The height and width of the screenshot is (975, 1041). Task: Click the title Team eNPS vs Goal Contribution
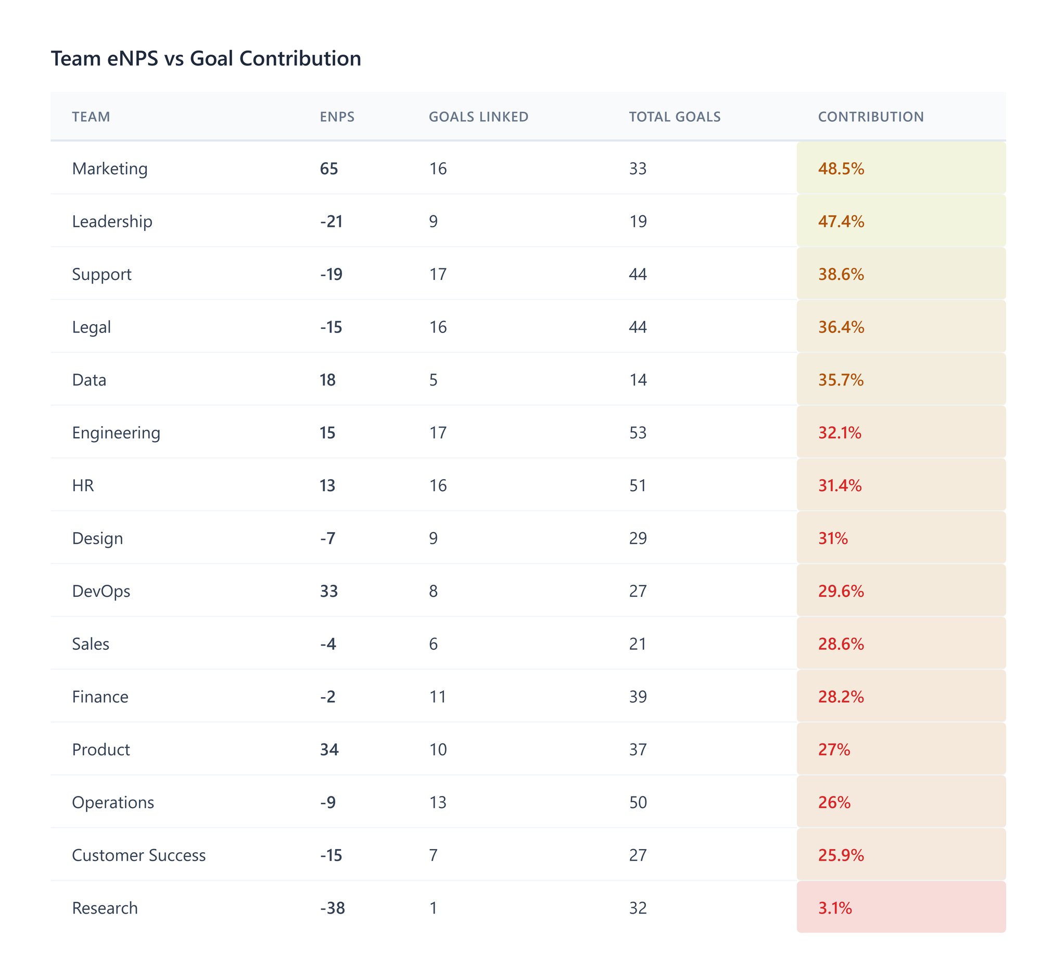click(206, 59)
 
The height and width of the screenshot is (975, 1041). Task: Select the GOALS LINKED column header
click(478, 117)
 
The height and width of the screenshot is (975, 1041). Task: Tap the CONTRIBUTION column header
click(870, 117)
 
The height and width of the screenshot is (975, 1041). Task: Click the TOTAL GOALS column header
click(675, 117)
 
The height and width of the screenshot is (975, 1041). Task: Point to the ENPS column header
click(337, 117)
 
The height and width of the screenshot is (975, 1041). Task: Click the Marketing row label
click(109, 169)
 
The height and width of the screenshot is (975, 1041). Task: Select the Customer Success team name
click(138, 855)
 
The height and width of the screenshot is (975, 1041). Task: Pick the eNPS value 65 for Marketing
click(329, 169)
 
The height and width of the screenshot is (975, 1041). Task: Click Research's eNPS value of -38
click(332, 907)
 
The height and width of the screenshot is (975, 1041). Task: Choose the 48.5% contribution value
click(841, 169)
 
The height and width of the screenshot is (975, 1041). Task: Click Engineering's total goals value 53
click(637, 432)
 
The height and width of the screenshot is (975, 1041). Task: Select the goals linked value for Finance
click(437, 697)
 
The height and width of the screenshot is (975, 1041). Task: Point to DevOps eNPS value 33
click(329, 591)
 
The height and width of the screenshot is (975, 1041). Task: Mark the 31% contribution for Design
click(833, 538)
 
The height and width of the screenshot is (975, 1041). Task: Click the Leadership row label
click(112, 221)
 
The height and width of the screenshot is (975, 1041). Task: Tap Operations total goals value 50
click(638, 802)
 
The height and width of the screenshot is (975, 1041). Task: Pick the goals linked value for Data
click(433, 379)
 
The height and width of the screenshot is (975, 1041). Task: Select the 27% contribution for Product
click(834, 749)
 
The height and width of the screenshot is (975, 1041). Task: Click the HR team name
click(83, 485)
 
